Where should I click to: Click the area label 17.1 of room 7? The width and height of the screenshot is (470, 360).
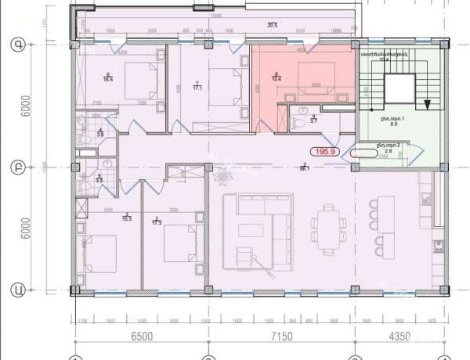click(197, 88)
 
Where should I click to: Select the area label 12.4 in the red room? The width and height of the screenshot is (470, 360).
click(277, 77)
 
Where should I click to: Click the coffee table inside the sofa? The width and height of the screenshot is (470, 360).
click(252, 229)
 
